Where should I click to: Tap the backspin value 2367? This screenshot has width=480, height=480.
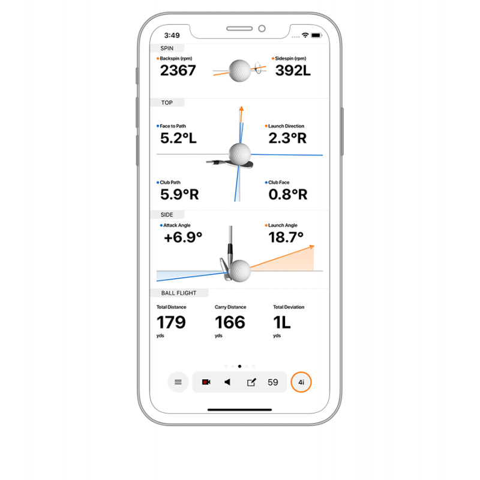click(178, 71)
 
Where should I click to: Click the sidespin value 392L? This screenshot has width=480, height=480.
click(293, 71)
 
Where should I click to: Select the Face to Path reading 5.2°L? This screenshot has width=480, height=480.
click(178, 138)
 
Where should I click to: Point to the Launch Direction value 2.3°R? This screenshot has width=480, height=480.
click(287, 138)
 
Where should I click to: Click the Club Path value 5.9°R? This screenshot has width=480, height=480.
click(179, 194)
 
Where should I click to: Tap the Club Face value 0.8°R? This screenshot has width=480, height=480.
click(288, 194)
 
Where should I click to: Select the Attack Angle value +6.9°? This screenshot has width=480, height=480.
click(183, 238)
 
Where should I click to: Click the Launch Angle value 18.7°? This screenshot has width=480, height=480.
click(286, 237)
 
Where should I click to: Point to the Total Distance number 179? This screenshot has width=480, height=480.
click(171, 322)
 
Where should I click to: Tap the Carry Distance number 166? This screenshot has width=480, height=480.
click(230, 322)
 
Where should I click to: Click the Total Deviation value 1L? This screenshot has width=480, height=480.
click(281, 322)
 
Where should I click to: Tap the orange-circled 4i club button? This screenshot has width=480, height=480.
click(301, 382)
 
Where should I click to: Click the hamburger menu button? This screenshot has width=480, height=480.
click(178, 382)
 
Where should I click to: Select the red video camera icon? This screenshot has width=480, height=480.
click(206, 382)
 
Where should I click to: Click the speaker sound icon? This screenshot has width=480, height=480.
click(227, 382)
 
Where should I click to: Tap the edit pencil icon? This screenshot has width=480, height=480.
click(251, 382)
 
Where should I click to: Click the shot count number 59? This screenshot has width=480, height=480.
click(273, 382)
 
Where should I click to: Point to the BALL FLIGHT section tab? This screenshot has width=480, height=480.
click(179, 293)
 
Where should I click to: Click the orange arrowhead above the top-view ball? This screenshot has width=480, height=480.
click(242, 109)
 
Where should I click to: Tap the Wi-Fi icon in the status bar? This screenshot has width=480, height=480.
click(305, 35)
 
